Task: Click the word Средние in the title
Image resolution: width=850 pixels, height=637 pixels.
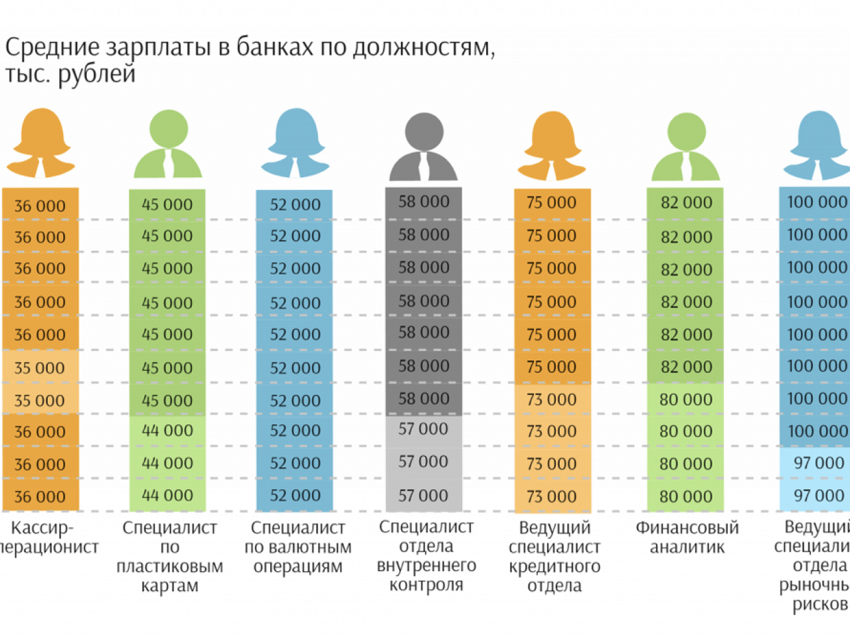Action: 52,48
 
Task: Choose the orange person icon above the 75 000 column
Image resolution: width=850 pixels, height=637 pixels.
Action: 552,146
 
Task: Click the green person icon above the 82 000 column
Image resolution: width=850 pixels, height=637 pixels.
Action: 685,147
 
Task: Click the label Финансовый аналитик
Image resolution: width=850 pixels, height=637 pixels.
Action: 687,537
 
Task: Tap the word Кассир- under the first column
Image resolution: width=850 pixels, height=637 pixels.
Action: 42,528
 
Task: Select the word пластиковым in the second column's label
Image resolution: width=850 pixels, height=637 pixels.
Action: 169,567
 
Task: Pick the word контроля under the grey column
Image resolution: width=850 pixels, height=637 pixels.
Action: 426,585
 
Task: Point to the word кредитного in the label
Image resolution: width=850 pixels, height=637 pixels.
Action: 554,567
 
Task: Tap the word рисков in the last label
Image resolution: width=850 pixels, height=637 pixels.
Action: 820,604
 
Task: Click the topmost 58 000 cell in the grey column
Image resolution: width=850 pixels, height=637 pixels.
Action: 424,202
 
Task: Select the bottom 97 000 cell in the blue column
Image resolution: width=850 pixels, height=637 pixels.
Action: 819,496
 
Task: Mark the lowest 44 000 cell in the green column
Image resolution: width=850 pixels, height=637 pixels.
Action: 167,496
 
